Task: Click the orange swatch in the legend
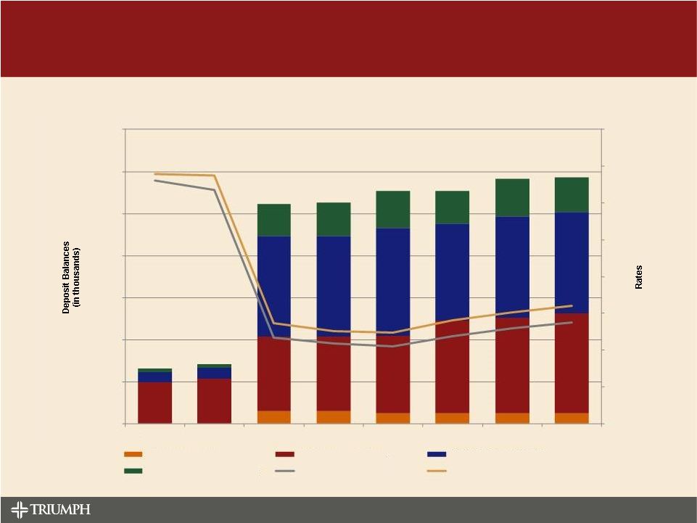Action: coord(133,454)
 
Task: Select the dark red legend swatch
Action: coord(285,454)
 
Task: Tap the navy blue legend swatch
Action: coord(437,454)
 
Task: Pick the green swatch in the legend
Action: coord(133,471)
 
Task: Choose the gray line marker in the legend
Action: coord(285,471)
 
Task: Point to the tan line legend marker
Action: coord(437,471)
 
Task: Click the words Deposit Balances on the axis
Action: coord(66,277)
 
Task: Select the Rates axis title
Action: coord(639,276)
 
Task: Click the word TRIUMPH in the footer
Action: coord(61,509)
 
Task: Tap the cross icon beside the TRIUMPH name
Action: coord(20,509)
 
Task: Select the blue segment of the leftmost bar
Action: coord(154,377)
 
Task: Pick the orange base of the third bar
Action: coord(273,417)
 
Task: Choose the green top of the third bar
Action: coord(273,220)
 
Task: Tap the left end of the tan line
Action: coord(155,174)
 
